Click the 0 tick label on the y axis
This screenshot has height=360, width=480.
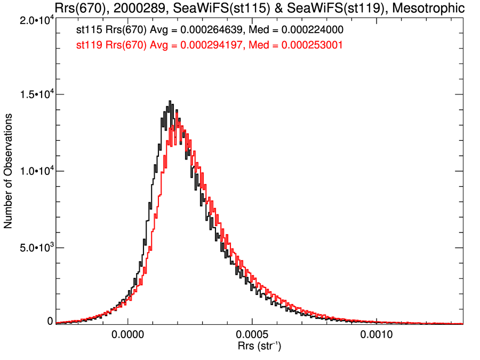pos(50,321)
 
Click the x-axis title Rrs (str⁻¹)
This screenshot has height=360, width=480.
pos(259,347)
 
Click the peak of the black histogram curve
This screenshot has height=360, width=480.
pos(170,101)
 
